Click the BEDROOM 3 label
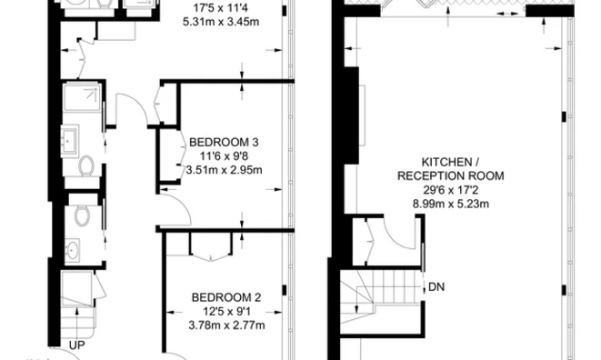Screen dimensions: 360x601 224,142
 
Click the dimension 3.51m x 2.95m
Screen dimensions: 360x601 224,169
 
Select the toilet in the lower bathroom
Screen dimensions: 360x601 82,215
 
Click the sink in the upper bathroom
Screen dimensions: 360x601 72,140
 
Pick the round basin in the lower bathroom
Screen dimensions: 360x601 72,247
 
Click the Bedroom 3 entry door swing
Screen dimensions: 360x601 175,210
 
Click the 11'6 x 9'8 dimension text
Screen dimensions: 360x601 224,155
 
